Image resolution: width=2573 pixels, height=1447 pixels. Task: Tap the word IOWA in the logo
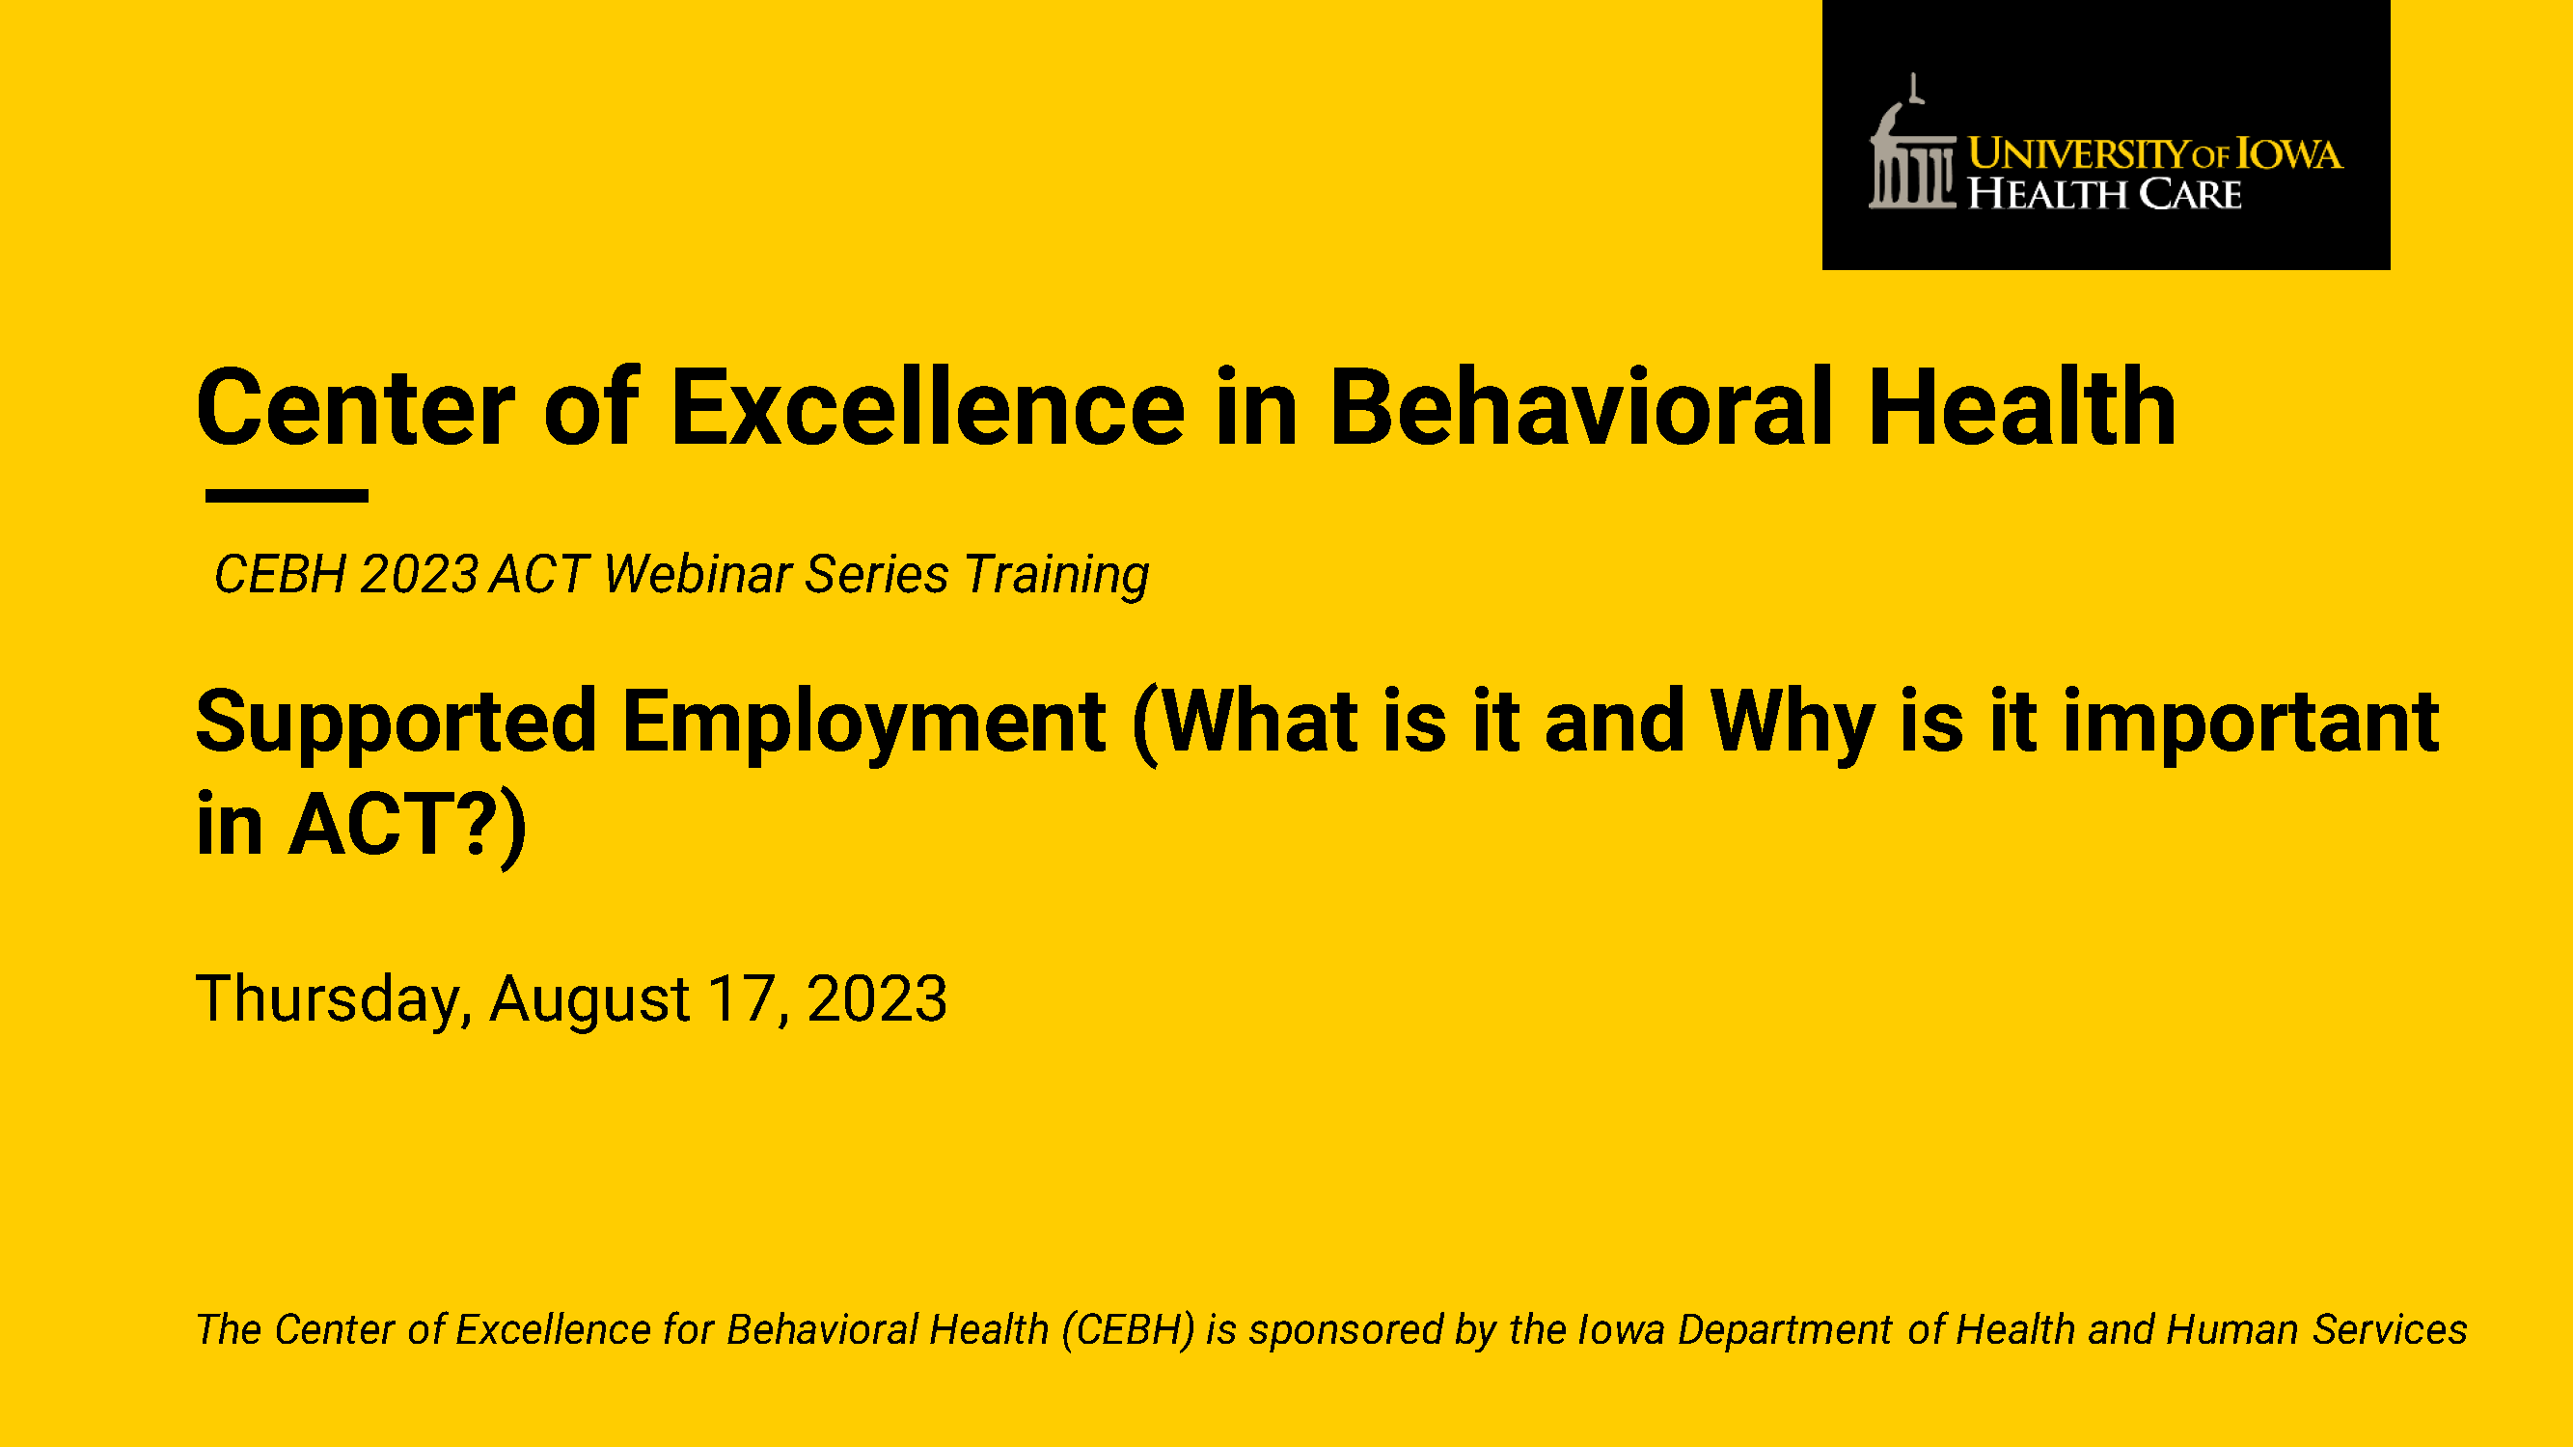[2288, 153]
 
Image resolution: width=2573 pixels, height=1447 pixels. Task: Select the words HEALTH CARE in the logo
[2104, 194]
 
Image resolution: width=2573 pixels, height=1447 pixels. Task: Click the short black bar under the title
[287, 495]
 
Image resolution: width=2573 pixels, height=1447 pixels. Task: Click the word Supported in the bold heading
[397, 723]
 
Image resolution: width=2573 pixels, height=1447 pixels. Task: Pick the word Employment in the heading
[863, 723]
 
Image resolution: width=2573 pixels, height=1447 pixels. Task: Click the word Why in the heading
[1792, 723]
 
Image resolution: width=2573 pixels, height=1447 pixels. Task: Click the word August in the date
[589, 999]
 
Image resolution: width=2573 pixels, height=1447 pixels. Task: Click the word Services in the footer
[2391, 1330]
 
